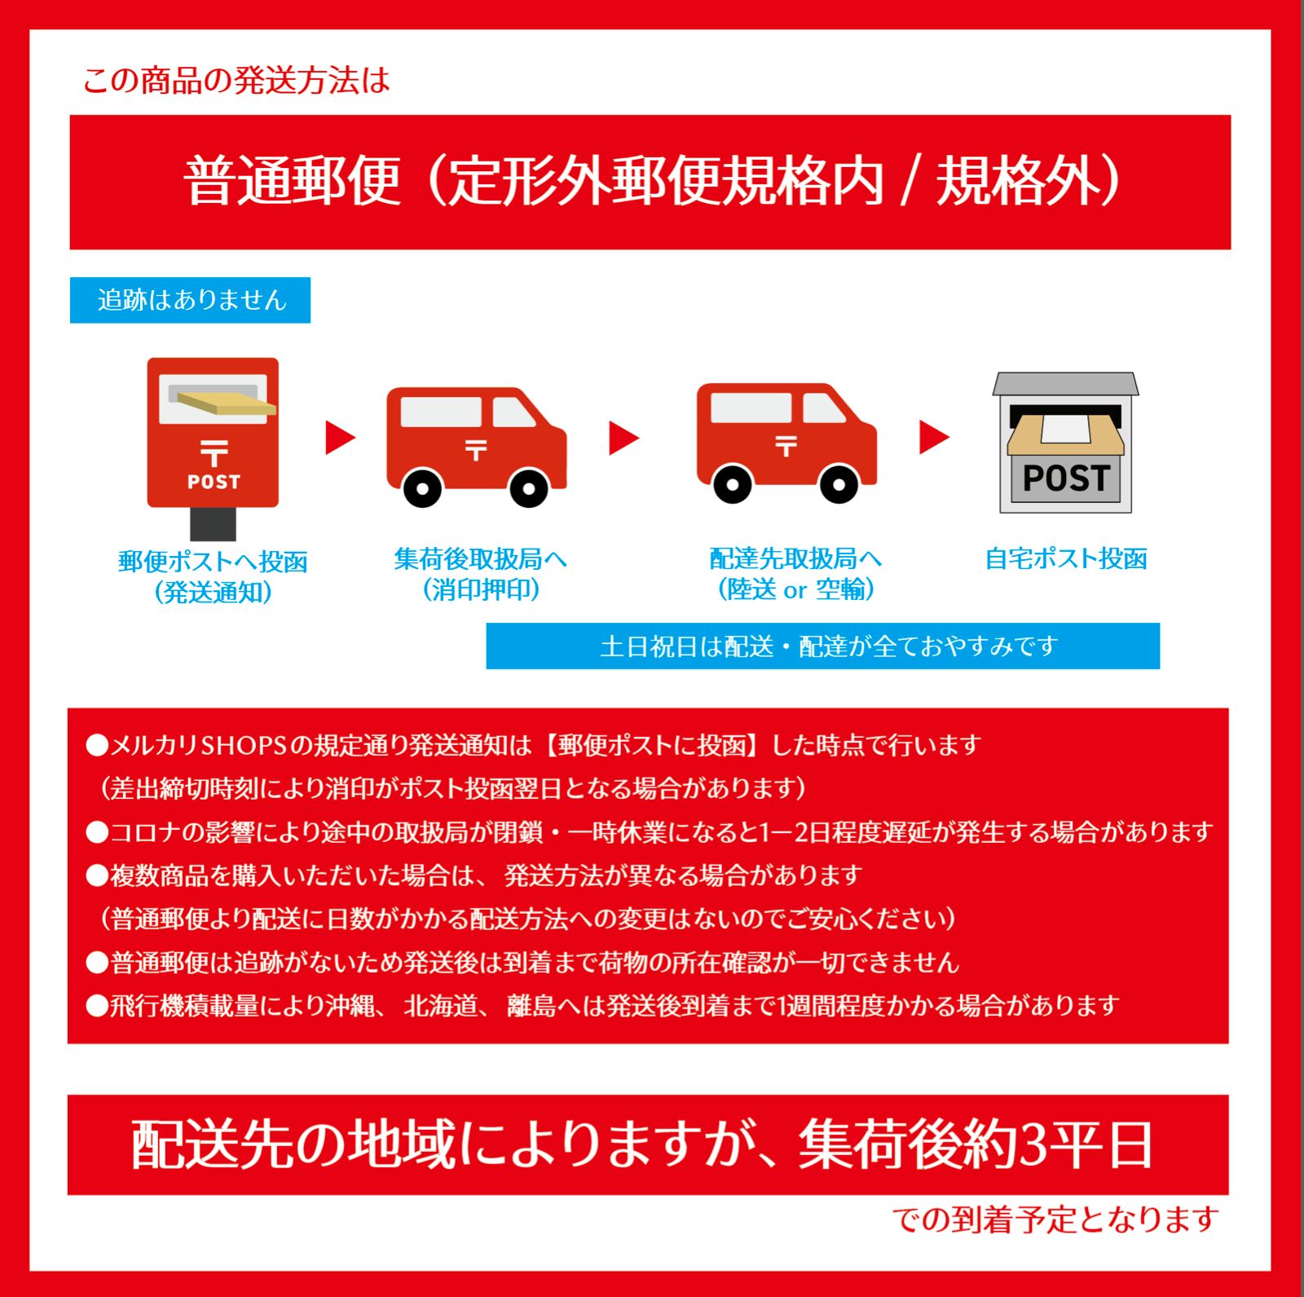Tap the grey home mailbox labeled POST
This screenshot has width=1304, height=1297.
click(x=1065, y=444)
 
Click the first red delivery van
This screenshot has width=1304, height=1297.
click(x=475, y=444)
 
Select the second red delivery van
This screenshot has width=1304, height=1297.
click(x=786, y=441)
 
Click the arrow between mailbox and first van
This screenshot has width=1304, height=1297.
click(x=340, y=438)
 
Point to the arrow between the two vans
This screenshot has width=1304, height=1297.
click(x=624, y=438)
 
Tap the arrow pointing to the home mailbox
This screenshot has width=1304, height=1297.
click(x=934, y=437)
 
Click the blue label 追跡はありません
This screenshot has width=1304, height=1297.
click(x=190, y=300)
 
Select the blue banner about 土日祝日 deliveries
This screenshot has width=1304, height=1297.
click(x=822, y=646)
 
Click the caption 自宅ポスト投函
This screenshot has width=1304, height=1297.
click(x=1065, y=559)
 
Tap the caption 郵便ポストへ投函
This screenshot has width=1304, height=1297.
click(x=213, y=562)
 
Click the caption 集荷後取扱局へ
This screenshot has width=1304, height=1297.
click(x=480, y=559)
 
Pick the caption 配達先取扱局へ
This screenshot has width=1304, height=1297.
click(x=795, y=559)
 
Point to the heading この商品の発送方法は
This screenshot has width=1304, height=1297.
click(x=236, y=81)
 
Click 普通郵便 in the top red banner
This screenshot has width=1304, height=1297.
click(x=293, y=181)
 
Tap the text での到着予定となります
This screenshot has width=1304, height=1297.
click(x=1055, y=1220)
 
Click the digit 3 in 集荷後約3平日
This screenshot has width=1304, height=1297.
click(x=1032, y=1145)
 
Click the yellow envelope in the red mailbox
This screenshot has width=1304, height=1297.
click(x=227, y=403)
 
